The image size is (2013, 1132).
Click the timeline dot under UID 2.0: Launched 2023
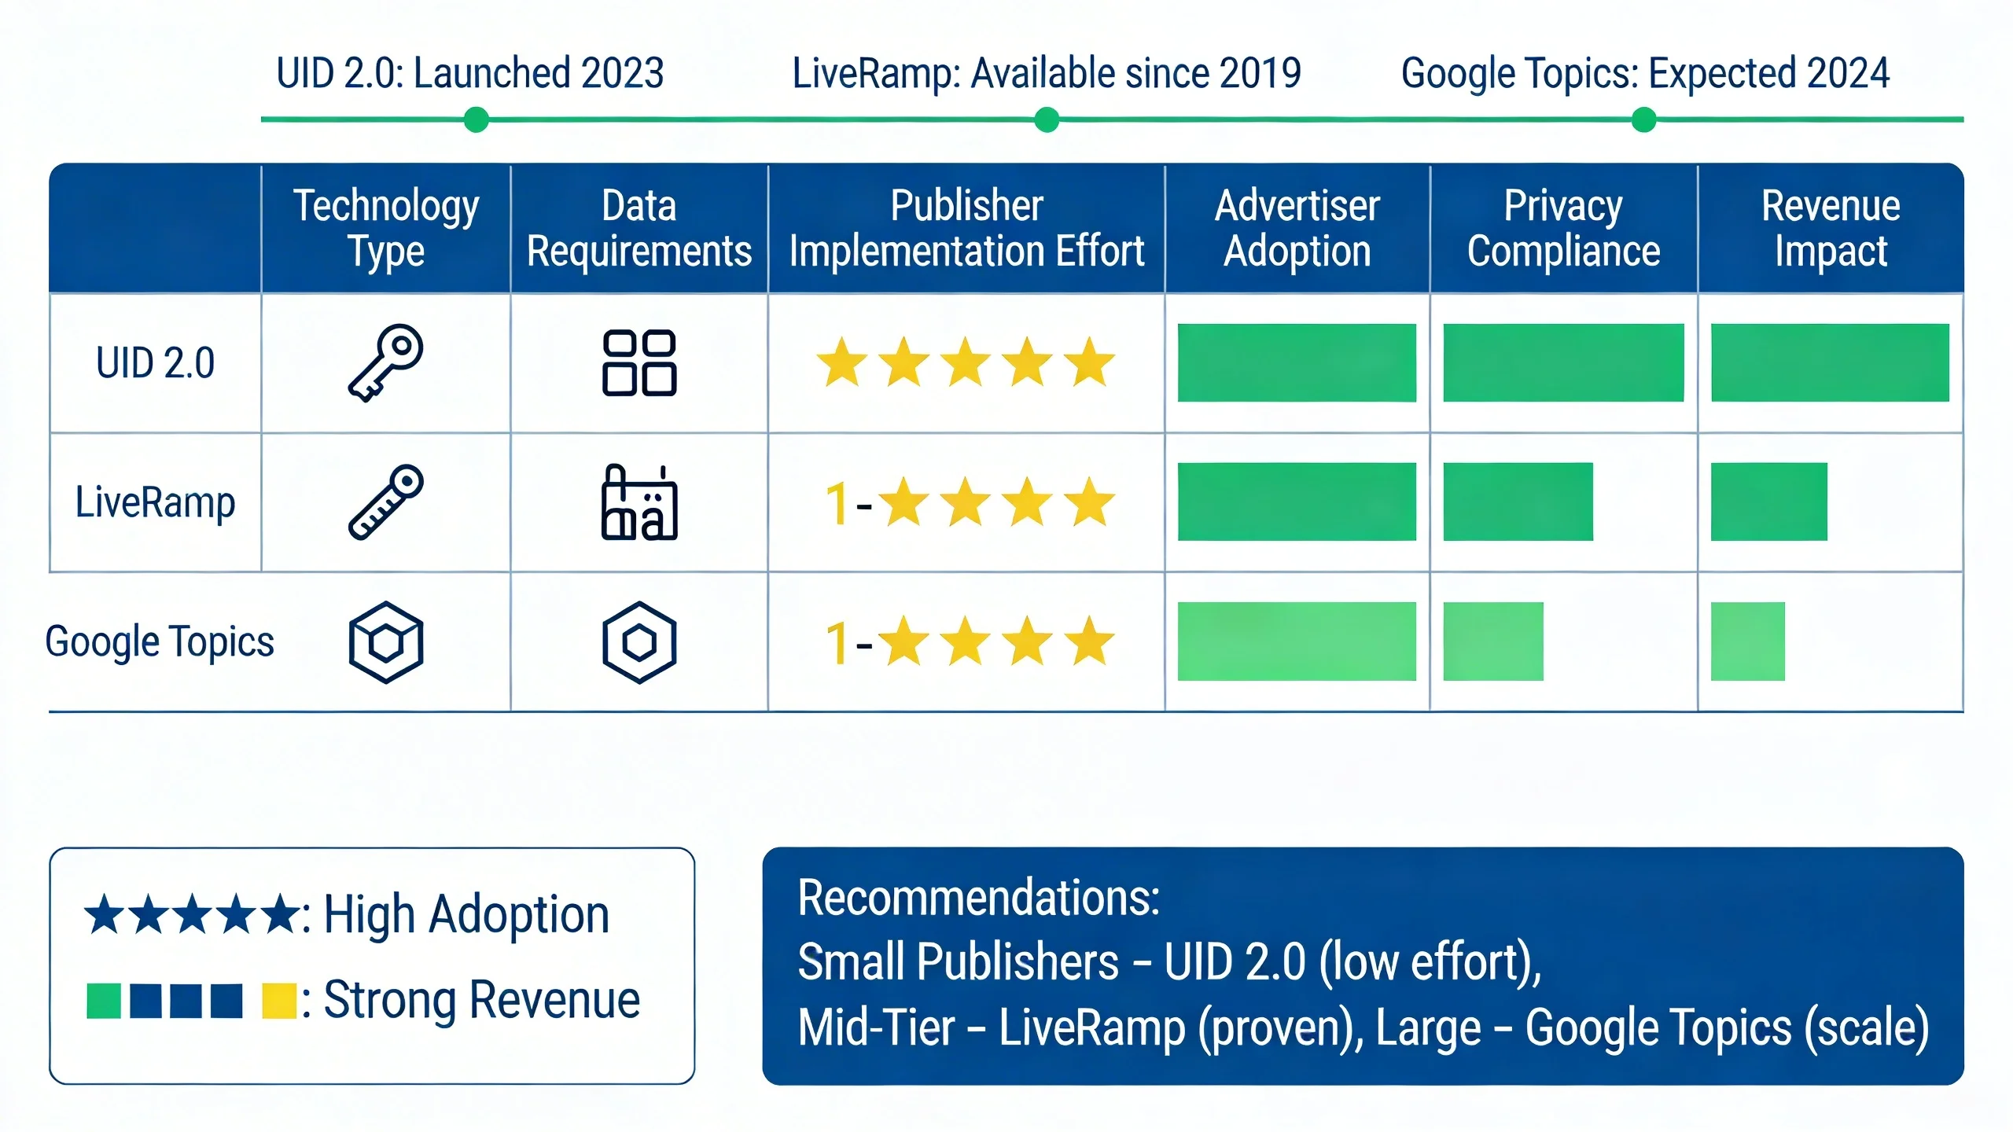pyautogui.click(x=476, y=120)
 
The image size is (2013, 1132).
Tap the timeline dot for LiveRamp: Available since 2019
pyautogui.click(x=1047, y=120)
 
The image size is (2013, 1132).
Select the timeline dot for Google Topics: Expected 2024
pyautogui.click(x=1643, y=120)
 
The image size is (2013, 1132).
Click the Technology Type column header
pyautogui.click(x=386, y=228)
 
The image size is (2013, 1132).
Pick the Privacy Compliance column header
pyautogui.click(x=1563, y=228)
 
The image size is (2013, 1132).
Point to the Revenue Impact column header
pyautogui.click(x=1831, y=228)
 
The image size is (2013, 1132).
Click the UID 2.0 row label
pyautogui.click(x=155, y=363)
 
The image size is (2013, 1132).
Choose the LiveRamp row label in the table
pyautogui.click(x=155, y=502)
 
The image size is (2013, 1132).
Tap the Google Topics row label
pyautogui.click(x=160, y=641)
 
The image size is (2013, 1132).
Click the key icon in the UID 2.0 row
pyautogui.click(x=386, y=362)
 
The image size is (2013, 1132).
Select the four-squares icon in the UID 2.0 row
pyautogui.click(x=639, y=362)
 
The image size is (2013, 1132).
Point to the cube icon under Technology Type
pyautogui.click(x=386, y=642)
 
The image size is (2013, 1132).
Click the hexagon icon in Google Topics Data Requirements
pyautogui.click(x=639, y=642)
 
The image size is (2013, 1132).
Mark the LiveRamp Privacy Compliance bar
pyautogui.click(x=1518, y=502)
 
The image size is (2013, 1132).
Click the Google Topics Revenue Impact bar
pyautogui.click(x=1747, y=641)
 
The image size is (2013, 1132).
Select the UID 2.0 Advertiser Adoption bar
pyautogui.click(x=1297, y=362)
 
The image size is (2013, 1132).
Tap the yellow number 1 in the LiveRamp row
pyautogui.click(x=837, y=503)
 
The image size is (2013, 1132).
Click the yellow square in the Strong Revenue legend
pyautogui.click(x=278, y=1001)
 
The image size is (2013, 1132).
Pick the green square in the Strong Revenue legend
pyautogui.click(x=104, y=1001)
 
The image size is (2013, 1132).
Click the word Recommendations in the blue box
pyautogui.click(x=978, y=898)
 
